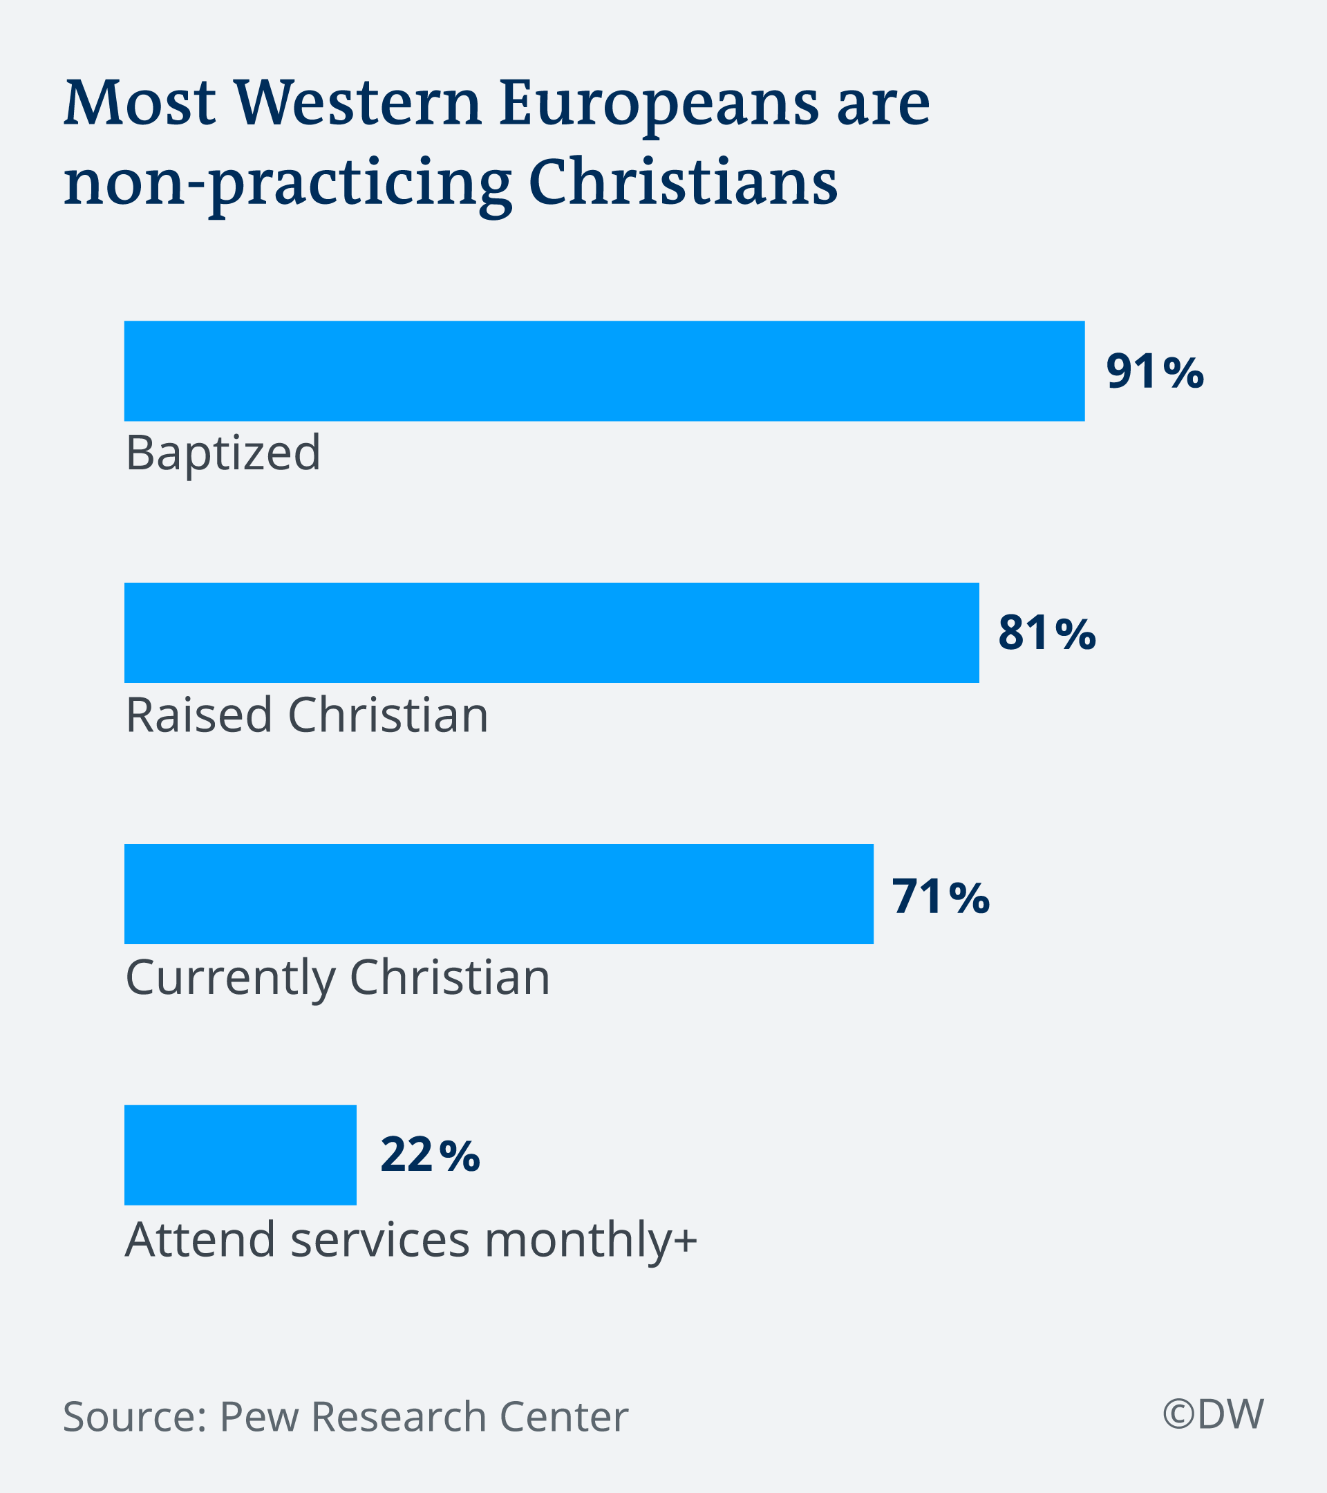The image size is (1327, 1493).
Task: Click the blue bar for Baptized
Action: click(x=604, y=371)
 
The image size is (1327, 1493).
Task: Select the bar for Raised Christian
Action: click(x=552, y=632)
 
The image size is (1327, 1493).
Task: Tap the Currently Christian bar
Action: click(x=499, y=894)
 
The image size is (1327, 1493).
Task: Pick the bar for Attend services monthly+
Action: click(x=241, y=1155)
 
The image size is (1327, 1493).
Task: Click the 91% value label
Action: click(x=1155, y=372)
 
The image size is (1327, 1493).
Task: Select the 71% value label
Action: click(x=941, y=896)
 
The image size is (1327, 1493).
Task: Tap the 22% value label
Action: click(x=430, y=1156)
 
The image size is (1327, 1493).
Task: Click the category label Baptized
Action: click(x=223, y=453)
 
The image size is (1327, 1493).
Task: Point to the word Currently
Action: click(x=230, y=978)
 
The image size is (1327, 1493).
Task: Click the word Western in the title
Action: click(x=359, y=102)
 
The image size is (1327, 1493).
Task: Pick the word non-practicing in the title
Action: click(x=288, y=182)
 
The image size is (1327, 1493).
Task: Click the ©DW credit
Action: click(x=1213, y=1414)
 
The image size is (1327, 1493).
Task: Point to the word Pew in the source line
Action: click(x=257, y=1417)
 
